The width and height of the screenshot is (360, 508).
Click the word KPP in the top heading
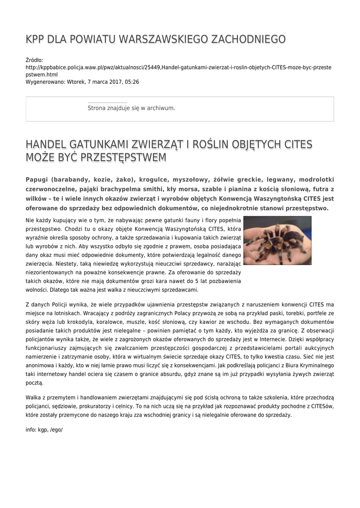click(35, 39)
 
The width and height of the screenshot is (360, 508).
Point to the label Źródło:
click(34, 60)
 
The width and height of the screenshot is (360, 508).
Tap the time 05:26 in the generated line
click(132, 81)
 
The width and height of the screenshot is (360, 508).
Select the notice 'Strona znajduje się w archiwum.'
click(131, 108)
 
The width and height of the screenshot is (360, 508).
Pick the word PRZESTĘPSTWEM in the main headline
click(119, 158)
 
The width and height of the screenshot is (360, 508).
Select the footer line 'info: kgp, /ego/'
click(44, 430)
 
